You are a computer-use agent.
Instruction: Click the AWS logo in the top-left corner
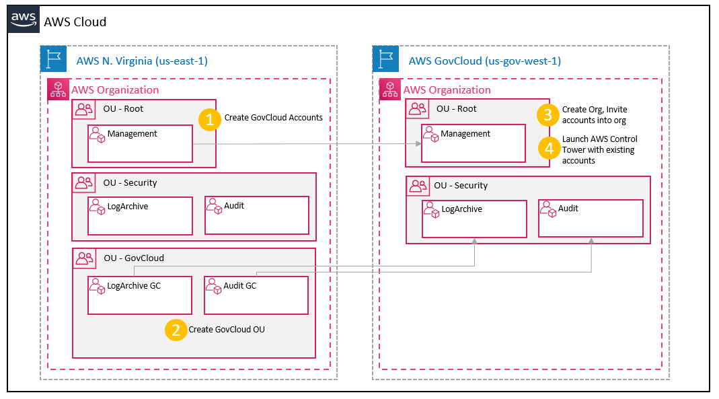(24, 20)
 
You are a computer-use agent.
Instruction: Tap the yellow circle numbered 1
(210, 120)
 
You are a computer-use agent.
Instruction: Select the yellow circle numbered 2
(176, 330)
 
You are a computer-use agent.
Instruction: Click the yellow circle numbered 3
(548, 115)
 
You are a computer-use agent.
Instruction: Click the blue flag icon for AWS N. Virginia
(52, 59)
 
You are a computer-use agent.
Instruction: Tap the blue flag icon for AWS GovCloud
(385, 59)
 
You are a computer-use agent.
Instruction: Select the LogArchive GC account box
(141, 295)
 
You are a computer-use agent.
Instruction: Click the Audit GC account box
(256, 295)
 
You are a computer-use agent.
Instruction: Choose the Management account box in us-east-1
(141, 143)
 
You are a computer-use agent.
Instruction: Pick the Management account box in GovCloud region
(473, 143)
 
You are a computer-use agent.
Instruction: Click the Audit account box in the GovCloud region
(591, 218)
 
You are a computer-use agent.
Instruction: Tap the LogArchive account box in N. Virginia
(141, 215)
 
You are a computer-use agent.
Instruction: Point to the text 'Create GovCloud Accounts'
(273, 118)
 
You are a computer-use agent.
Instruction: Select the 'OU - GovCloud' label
(133, 258)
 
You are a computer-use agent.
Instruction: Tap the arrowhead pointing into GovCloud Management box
(418, 144)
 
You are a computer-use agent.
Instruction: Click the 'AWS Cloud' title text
(75, 22)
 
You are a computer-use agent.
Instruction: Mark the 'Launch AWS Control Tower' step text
(599, 149)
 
